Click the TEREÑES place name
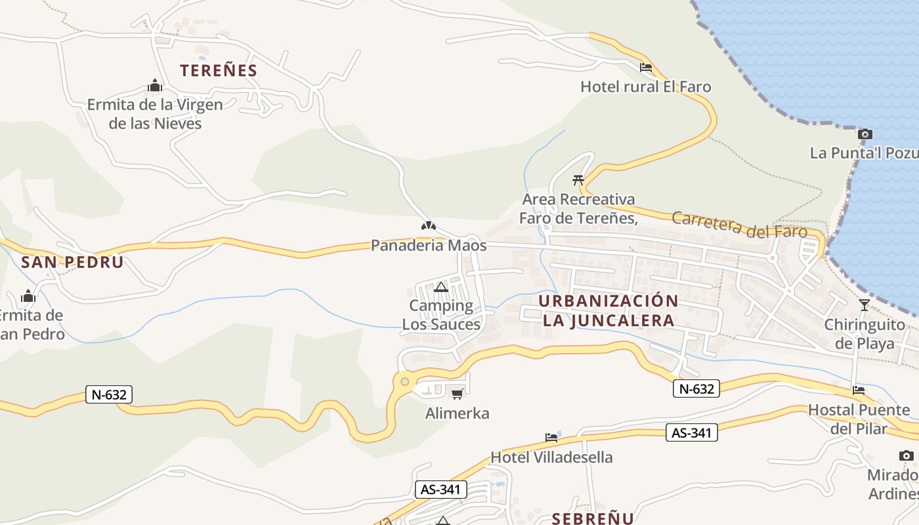pyautogui.click(x=219, y=70)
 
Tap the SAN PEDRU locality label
pyautogui.click(x=72, y=262)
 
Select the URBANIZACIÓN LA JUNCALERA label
pyautogui.click(x=609, y=310)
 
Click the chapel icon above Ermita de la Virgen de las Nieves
pyautogui.click(x=155, y=86)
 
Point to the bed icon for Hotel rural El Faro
pyautogui.click(x=645, y=68)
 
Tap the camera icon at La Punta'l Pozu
pyautogui.click(x=865, y=135)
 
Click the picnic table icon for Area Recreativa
pyautogui.click(x=578, y=180)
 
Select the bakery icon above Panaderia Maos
pyautogui.click(x=429, y=226)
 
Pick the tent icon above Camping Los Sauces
pyautogui.click(x=440, y=287)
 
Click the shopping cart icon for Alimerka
pyautogui.click(x=457, y=394)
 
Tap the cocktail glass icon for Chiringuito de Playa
pyautogui.click(x=864, y=304)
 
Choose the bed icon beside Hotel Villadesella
pyautogui.click(x=551, y=437)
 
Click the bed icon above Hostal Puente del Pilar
pyautogui.click(x=858, y=390)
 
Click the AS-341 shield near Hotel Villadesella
pyautogui.click(x=692, y=432)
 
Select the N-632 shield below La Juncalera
pyautogui.click(x=696, y=388)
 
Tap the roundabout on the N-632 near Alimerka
pyautogui.click(x=404, y=381)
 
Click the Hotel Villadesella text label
pyautogui.click(x=551, y=457)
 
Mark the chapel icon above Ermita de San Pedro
pyautogui.click(x=28, y=297)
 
